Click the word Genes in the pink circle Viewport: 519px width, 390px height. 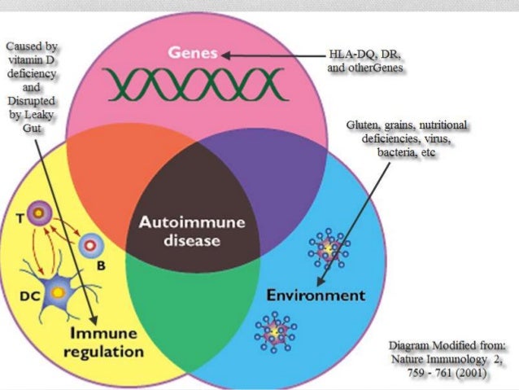(x=194, y=54)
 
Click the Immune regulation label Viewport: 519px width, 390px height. (x=108, y=343)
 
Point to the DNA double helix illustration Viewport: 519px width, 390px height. (x=194, y=83)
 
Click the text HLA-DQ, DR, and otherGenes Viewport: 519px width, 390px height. (x=364, y=61)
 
